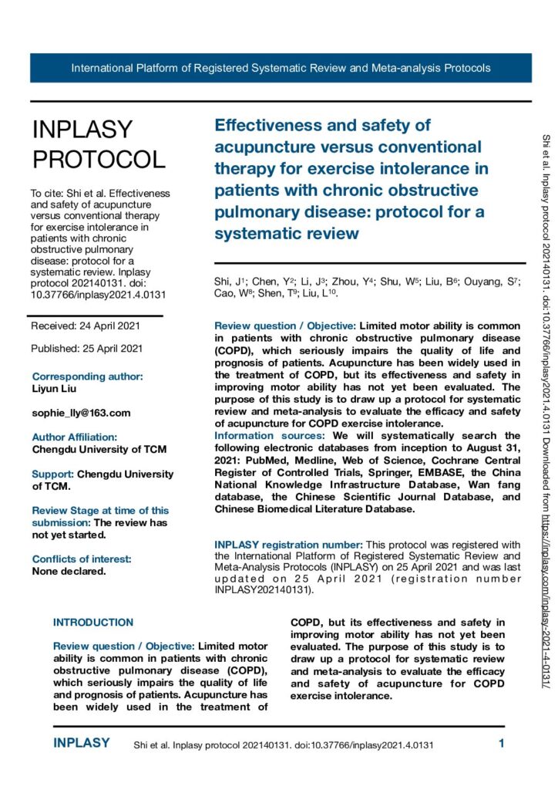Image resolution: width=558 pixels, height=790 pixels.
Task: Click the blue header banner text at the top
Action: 281,68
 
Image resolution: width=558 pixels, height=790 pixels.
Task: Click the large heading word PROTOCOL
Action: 99,159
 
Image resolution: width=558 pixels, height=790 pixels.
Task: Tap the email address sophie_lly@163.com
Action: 81,413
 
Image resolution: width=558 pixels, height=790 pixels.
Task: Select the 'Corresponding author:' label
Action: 87,376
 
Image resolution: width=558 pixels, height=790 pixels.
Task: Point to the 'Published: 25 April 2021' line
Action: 86,348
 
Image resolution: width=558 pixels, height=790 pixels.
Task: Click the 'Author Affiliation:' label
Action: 75,437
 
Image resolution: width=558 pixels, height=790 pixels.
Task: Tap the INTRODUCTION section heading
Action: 93,622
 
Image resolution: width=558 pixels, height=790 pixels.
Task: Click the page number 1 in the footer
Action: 501,744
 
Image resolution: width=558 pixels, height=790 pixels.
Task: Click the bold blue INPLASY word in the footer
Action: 81,744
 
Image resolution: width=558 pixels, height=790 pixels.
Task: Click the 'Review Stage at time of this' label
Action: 100,510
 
